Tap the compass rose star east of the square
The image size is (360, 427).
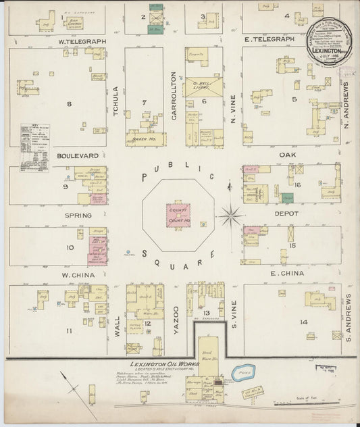click(232, 216)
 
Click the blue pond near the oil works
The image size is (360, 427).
click(242, 372)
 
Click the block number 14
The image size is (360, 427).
click(304, 322)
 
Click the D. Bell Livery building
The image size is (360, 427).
click(203, 86)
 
